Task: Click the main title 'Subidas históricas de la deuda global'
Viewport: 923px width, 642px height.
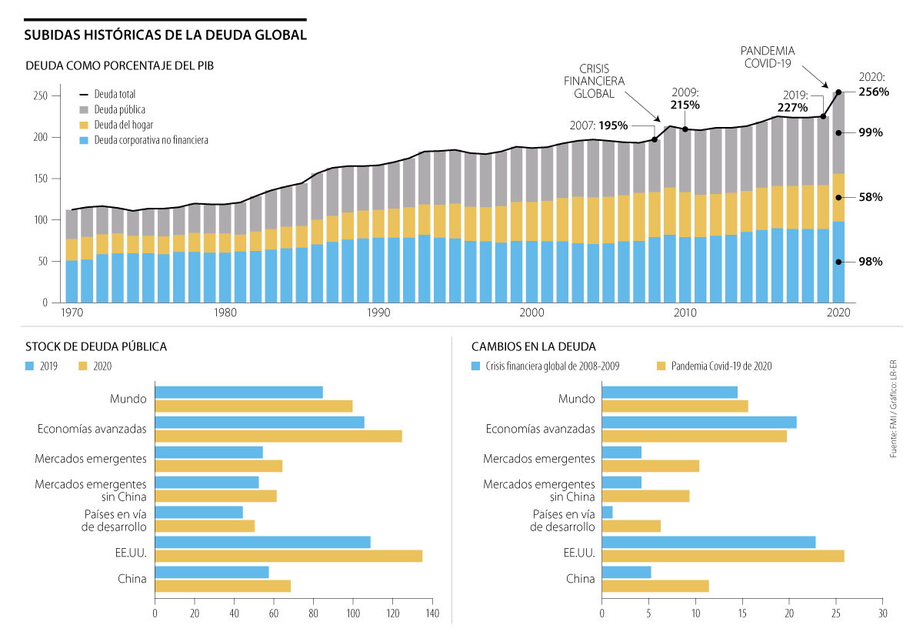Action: coord(165,35)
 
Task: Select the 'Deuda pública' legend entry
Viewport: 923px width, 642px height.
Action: coord(119,110)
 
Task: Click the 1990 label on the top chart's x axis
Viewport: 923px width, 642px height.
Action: coord(378,313)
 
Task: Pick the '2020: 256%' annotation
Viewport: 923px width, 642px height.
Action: coord(873,85)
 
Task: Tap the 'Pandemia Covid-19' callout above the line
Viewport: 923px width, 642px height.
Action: coord(768,57)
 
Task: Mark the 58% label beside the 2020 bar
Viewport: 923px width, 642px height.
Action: coord(871,197)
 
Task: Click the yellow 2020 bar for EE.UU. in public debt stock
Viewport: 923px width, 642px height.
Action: coord(288,556)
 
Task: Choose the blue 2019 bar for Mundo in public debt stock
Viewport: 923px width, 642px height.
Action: coord(239,392)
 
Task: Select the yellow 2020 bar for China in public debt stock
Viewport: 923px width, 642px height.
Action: coord(223,586)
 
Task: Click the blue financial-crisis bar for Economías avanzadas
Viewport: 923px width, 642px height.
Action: coord(699,422)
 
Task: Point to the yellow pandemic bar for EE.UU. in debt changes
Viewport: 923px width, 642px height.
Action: coord(723,556)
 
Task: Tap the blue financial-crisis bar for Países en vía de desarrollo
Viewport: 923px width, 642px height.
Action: coord(607,512)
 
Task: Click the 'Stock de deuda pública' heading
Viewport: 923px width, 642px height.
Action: coord(96,346)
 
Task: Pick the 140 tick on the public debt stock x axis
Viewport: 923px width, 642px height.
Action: coord(432,614)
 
